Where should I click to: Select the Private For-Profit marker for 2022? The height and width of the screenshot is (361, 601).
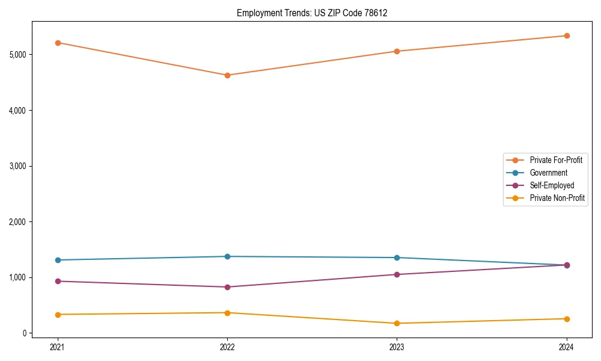click(x=227, y=75)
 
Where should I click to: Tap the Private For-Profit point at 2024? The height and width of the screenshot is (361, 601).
click(x=567, y=35)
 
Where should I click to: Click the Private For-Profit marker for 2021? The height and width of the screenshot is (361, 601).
click(x=58, y=43)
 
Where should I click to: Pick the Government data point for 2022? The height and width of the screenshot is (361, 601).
click(x=227, y=256)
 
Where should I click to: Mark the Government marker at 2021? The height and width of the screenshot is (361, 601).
click(x=58, y=260)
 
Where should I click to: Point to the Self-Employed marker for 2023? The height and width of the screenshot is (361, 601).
click(x=397, y=274)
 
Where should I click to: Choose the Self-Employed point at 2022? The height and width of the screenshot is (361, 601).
click(x=227, y=287)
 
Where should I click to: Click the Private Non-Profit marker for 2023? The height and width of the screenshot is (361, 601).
click(x=397, y=323)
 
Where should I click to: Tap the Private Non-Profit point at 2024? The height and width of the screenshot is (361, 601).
click(x=567, y=319)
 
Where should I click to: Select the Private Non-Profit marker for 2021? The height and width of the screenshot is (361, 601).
click(x=58, y=315)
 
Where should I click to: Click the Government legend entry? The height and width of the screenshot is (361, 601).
click(x=548, y=173)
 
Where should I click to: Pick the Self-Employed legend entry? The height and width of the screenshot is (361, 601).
click(x=552, y=185)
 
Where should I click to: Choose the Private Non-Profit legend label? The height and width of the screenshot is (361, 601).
click(x=557, y=198)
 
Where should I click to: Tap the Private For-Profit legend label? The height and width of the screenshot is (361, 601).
click(x=556, y=160)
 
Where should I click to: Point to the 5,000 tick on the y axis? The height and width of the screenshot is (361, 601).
click(x=18, y=55)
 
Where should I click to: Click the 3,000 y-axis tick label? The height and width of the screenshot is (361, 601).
click(x=18, y=166)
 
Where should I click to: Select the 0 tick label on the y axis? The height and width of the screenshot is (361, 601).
click(x=25, y=333)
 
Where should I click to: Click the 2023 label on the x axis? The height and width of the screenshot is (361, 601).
click(x=397, y=347)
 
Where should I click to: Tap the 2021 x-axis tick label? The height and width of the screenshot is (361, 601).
click(x=58, y=347)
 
